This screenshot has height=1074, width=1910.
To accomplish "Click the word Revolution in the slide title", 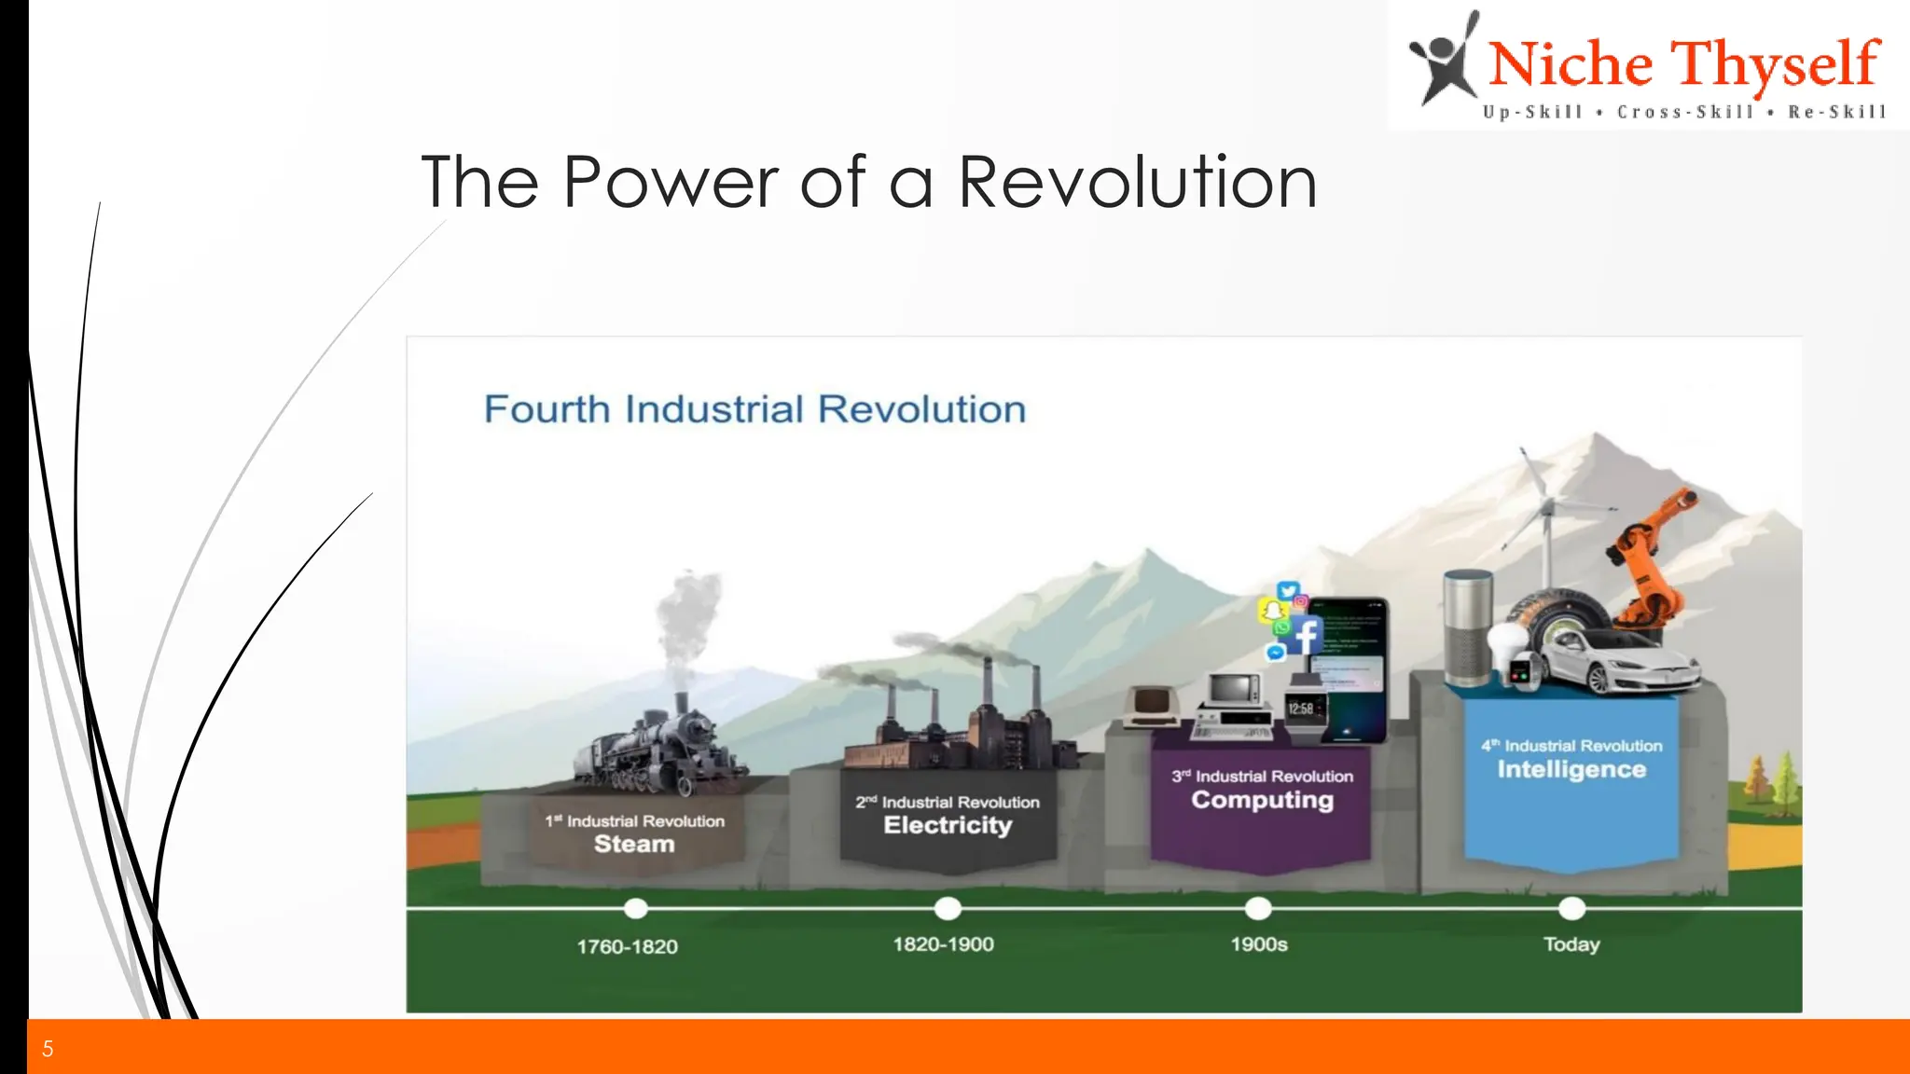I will click(x=1137, y=182).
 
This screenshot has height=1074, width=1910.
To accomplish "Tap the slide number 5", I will click(x=48, y=1049).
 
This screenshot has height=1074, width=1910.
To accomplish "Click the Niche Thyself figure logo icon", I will click(x=1444, y=61).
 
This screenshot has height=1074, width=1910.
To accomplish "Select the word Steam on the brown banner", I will click(x=634, y=844).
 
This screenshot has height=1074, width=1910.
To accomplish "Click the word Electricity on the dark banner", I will click(x=948, y=825).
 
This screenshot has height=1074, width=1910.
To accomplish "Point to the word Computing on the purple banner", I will click(x=1262, y=800).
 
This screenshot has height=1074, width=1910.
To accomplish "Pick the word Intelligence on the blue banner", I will click(x=1571, y=769).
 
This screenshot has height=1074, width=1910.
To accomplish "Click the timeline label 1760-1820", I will click(x=627, y=946).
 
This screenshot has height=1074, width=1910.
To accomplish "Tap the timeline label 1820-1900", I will click(x=943, y=944).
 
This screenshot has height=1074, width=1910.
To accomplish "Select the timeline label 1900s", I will click(x=1258, y=944).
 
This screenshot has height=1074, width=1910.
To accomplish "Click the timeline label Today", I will click(x=1571, y=944).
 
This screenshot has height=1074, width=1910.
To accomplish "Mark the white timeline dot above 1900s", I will click(x=1258, y=907).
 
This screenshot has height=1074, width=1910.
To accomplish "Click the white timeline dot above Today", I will click(x=1571, y=907).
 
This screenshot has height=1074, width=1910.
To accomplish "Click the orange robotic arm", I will click(x=1646, y=559).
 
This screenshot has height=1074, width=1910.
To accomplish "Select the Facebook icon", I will click(x=1306, y=636).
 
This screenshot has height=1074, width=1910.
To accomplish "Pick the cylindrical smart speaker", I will click(x=1468, y=629).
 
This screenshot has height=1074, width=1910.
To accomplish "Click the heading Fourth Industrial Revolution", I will click(x=754, y=409).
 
